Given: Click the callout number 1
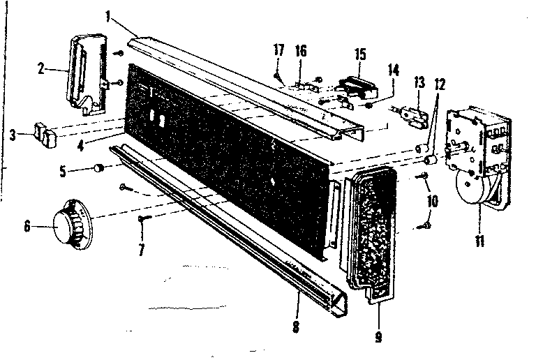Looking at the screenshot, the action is pyautogui.click(x=108, y=16).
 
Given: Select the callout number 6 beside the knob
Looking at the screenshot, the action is pyautogui.click(x=27, y=226).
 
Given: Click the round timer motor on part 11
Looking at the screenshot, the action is pyautogui.click(x=470, y=187).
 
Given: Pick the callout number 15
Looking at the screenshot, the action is pyautogui.click(x=360, y=54).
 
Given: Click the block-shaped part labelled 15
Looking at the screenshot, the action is pyautogui.click(x=358, y=87).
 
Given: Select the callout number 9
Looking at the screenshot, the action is pyautogui.click(x=378, y=336).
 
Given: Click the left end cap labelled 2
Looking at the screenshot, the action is pyautogui.click(x=88, y=73).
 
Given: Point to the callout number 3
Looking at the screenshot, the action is pyautogui.click(x=13, y=135).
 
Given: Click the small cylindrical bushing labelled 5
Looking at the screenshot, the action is pyautogui.click(x=99, y=168).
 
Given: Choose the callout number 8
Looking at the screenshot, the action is pyautogui.click(x=296, y=327).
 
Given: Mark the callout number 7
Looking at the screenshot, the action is pyautogui.click(x=141, y=250).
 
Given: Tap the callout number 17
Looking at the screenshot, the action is pyautogui.click(x=279, y=50).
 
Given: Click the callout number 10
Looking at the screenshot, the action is pyautogui.click(x=433, y=201).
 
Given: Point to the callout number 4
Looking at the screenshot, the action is pyautogui.click(x=81, y=146).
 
